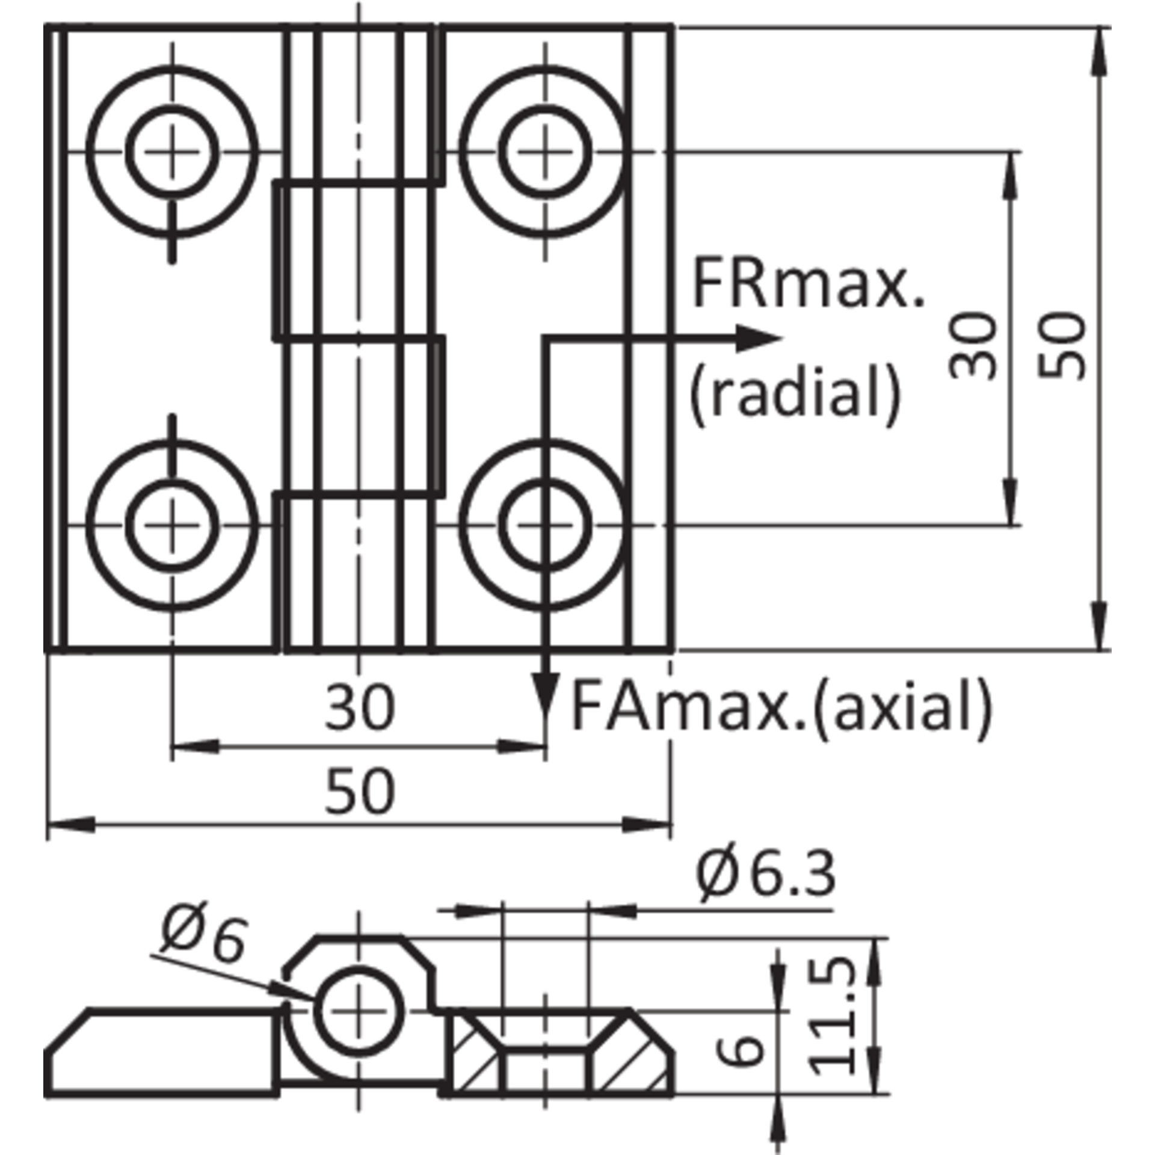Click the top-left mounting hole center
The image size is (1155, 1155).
pyautogui.click(x=173, y=152)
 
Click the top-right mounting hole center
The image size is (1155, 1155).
pyautogui.click(x=545, y=152)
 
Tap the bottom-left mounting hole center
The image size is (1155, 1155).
pyautogui.click(x=173, y=525)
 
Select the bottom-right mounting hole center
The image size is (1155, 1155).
pyautogui.click(x=545, y=525)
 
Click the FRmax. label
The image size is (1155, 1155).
pyautogui.click(x=808, y=283)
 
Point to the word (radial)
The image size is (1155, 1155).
pyautogui.click(x=795, y=392)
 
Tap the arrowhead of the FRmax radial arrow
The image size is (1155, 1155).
pyautogui.click(x=759, y=338)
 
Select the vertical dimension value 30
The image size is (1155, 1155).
pyautogui.click(x=973, y=346)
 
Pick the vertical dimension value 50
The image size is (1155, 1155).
pyautogui.click(x=1062, y=346)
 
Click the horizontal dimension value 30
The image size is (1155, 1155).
pyautogui.click(x=360, y=706)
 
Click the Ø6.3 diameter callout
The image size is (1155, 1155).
pyautogui.click(x=765, y=873)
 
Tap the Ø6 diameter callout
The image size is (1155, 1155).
pyautogui.click(x=203, y=937)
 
